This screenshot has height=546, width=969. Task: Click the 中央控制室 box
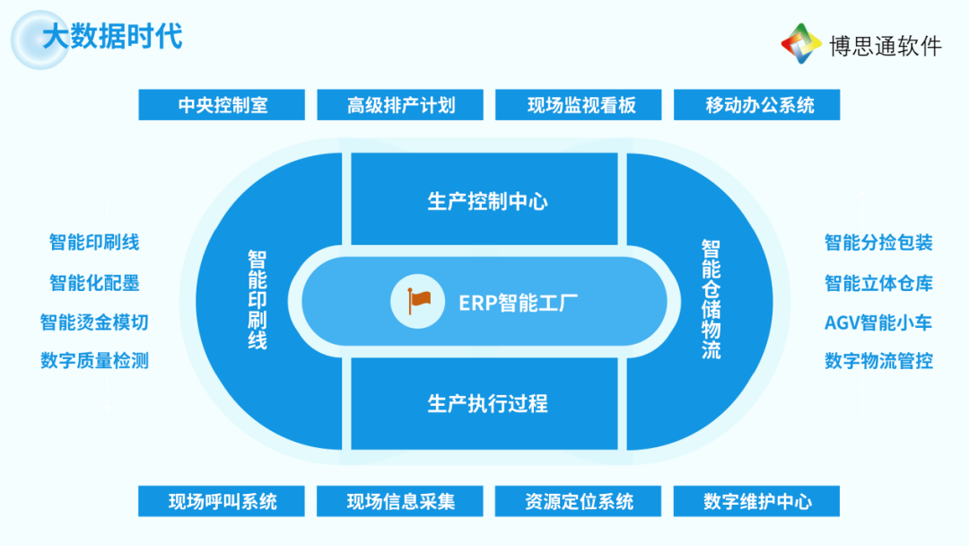(222, 104)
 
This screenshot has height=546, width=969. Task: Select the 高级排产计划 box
(400, 104)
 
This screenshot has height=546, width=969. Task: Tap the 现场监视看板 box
(579, 104)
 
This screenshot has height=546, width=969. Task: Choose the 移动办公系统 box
(756, 104)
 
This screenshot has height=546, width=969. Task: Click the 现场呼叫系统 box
(222, 501)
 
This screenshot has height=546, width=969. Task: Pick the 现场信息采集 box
(400, 501)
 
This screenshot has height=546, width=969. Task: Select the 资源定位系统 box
(578, 501)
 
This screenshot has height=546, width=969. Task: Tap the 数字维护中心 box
(756, 501)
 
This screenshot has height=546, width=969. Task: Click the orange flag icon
(418, 301)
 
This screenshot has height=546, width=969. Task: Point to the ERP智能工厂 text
(518, 303)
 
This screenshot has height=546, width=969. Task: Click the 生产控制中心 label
(487, 201)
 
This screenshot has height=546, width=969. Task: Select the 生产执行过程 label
(487, 404)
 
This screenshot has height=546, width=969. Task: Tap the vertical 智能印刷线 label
(258, 300)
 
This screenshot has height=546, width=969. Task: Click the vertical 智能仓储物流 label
(711, 299)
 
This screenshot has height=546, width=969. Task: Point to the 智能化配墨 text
(94, 283)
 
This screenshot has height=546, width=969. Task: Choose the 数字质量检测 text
(94, 360)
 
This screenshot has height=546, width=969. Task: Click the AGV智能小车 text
(878, 322)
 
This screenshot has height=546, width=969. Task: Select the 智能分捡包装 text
(878, 242)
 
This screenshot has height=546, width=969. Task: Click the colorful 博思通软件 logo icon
(801, 43)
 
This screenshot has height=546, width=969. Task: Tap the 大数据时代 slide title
(112, 36)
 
